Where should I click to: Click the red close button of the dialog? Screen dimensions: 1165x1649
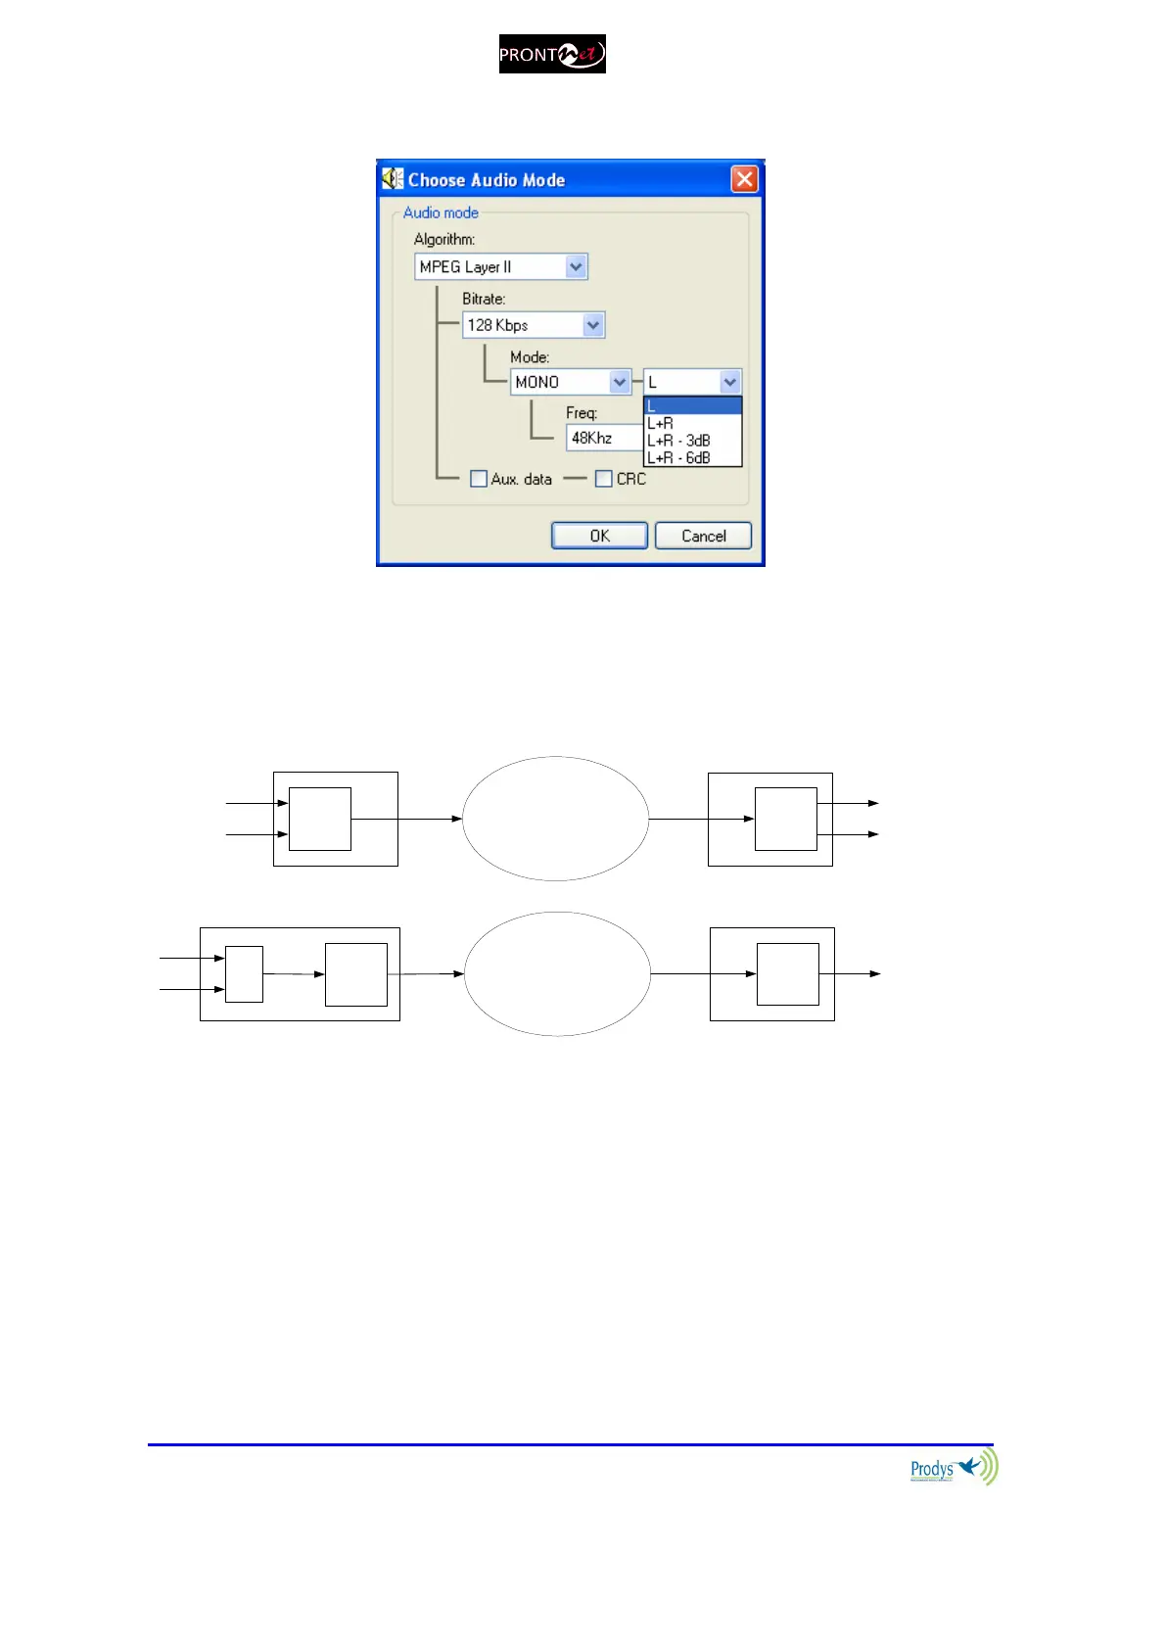tap(745, 179)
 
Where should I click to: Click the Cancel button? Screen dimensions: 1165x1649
tap(703, 536)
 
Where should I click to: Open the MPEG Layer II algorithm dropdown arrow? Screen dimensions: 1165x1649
tap(576, 266)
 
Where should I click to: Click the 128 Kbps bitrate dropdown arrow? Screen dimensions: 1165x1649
tap(593, 325)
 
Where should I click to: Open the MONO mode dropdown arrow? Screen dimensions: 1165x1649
tap(620, 382)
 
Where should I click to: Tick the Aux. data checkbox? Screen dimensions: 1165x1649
tap(479, 479)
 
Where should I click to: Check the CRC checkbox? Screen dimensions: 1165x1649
tap(604, 479)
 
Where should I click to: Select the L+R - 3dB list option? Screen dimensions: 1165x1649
tap(678, 441)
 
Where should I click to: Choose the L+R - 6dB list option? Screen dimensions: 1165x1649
tap(678, 457)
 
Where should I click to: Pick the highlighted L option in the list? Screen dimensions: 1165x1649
tap(691, 406)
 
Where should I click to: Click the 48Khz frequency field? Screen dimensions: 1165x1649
tap(603, 438)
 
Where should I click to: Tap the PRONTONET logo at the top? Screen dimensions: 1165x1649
tap(552, 54)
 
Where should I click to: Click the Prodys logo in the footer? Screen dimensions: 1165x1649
tap(953, 1469)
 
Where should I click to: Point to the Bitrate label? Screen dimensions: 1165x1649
tap(484, 299)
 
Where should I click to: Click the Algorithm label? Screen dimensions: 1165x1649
tap(443, 239)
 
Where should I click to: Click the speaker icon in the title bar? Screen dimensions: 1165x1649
tap(393, 179)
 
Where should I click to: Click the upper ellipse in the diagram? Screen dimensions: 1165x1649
tap(555, 819)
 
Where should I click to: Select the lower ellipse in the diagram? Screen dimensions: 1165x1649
tap(557, 974)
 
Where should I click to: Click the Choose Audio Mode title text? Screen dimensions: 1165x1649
tap(487, 180)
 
